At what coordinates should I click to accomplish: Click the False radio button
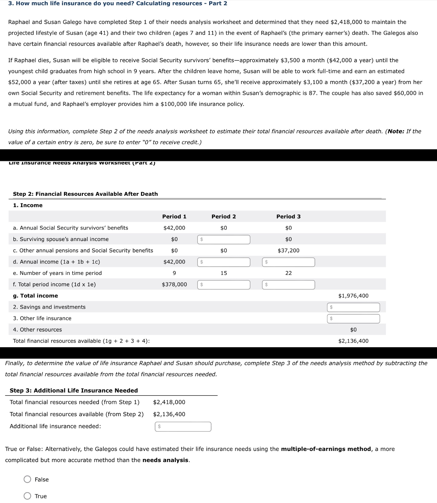tap(27, 479)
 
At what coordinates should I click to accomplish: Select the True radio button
tap(27, 496)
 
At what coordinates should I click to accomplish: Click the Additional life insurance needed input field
tap(183, 427)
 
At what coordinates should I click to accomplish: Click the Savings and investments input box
tap(353, 307)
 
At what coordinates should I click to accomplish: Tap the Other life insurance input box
tap(353, 319)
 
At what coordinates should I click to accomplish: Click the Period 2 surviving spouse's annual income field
tap(224, 239)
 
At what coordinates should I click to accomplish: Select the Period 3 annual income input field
tap(288, 262)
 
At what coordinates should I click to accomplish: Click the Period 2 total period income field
tap(224, 285)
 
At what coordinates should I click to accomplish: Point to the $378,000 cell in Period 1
tap(174, 284)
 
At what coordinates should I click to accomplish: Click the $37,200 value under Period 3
tap(288, 251)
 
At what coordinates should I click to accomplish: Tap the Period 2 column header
tap(224, 216)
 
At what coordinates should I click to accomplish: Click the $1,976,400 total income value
tap(353, 296)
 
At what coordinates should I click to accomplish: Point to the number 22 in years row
tap(288, 273)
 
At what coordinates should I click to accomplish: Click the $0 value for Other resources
tap(353, 330)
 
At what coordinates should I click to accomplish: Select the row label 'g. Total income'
tap(35, 296)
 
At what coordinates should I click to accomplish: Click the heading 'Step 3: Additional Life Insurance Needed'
tap(74, 390)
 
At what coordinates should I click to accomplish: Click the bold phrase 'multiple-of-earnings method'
tap(326, 449)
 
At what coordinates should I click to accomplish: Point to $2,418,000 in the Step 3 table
tap(169, 402)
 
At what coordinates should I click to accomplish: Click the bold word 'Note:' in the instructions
tap(396, 131)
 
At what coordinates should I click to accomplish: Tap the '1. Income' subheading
tap(28, 205)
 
